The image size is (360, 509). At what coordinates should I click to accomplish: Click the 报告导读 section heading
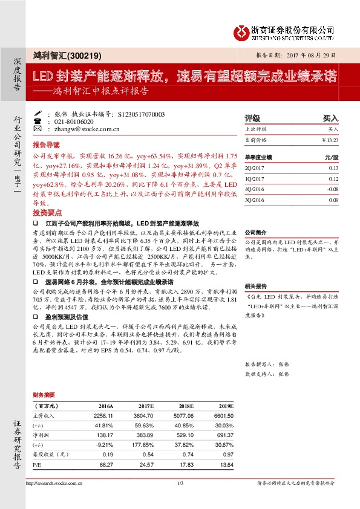47,145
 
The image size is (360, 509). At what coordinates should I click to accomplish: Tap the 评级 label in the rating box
252,118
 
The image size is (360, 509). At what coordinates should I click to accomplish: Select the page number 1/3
180,482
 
